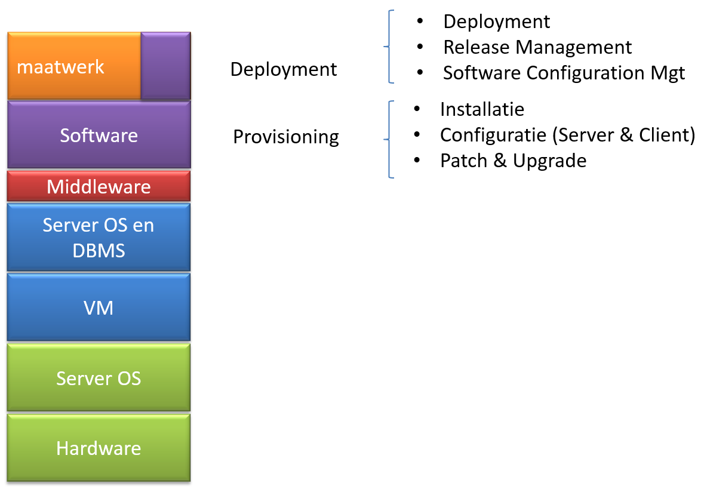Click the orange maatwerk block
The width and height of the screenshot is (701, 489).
74,66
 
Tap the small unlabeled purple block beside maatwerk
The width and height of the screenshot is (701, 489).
166,66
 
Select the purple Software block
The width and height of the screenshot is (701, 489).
99,134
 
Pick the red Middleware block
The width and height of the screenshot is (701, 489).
99,186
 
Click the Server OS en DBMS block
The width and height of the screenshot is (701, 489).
99,238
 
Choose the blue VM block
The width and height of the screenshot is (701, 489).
99,307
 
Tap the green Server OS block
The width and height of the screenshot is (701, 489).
99,377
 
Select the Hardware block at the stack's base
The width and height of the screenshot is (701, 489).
99,447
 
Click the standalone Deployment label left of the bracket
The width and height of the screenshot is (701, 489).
284,70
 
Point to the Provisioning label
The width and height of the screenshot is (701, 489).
286,137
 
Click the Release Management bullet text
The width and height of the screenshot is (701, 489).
537,47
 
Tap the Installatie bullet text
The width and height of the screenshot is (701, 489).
482,109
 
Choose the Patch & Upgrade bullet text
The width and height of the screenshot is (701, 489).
514,161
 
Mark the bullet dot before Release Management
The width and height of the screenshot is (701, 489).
420,46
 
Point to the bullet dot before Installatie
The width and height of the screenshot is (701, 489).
417,108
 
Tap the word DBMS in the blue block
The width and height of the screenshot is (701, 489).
99,251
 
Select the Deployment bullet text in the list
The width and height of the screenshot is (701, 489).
496,22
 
